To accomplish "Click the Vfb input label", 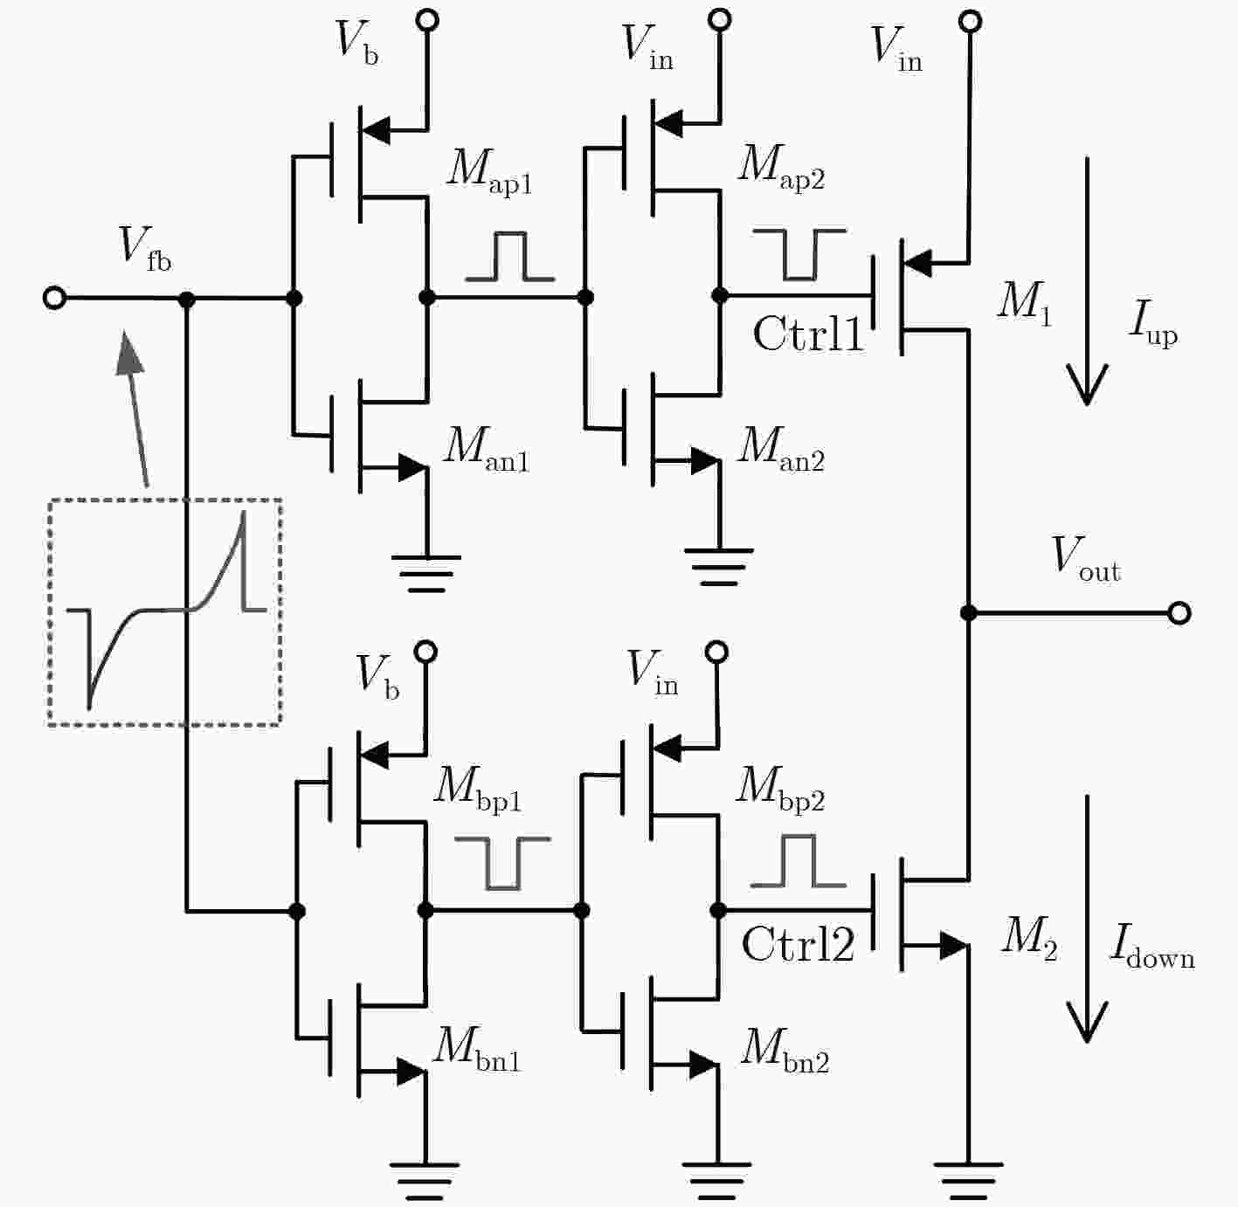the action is [x=145, y=249].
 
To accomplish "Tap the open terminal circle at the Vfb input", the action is [x=55, y=298].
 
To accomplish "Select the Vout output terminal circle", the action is [x=1179, y=613].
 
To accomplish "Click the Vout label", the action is [x=1085, y=559].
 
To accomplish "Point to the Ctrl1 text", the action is [x=808, y=334].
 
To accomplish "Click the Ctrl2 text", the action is [x=798, y=944].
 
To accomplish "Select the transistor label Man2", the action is [x=781, y=449].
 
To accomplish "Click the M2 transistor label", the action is [x=1029, y=939].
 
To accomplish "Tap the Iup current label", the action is [x=1152, y=324].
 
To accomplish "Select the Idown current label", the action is [x=1152, y=948].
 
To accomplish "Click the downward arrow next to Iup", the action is [x=1087, y=280].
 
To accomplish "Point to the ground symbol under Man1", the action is [x=426, y=575].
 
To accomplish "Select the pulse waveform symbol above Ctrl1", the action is [x=799, y=254].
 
